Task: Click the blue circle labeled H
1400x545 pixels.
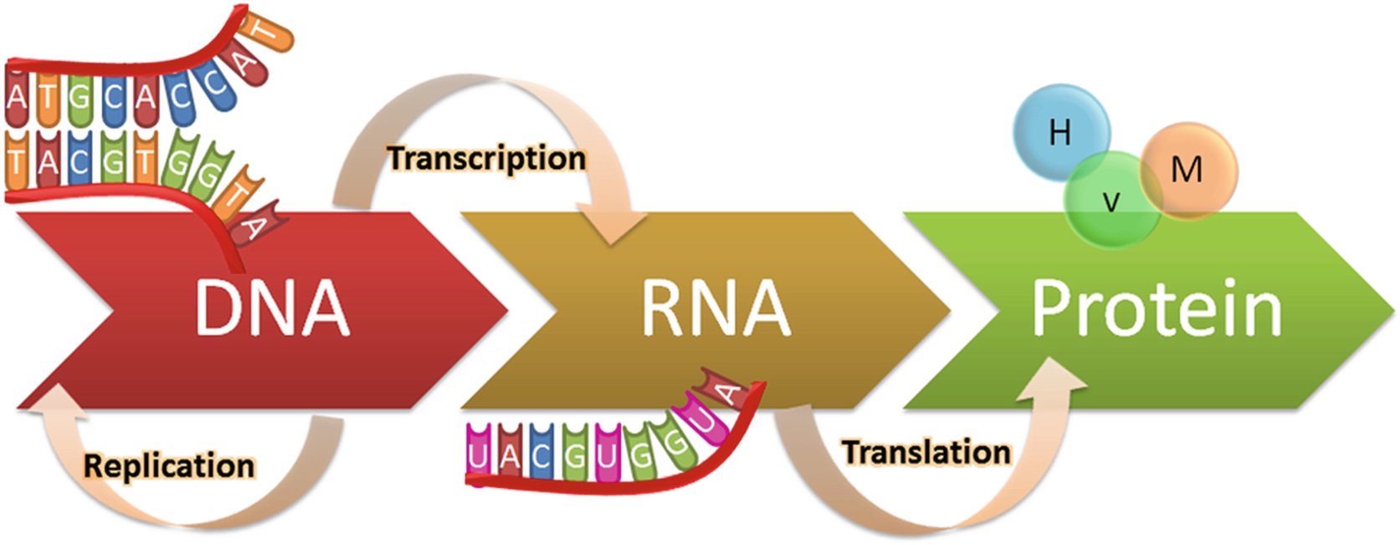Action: pyautogui.click(x=1059, y=132)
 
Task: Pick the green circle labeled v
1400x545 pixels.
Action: pyautogui.click(x=1111, y=201)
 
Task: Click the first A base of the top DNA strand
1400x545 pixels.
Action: pyautogui.click(x=16, y=96)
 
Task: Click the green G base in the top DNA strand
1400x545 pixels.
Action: pyautogui.click(x=79, y=96)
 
